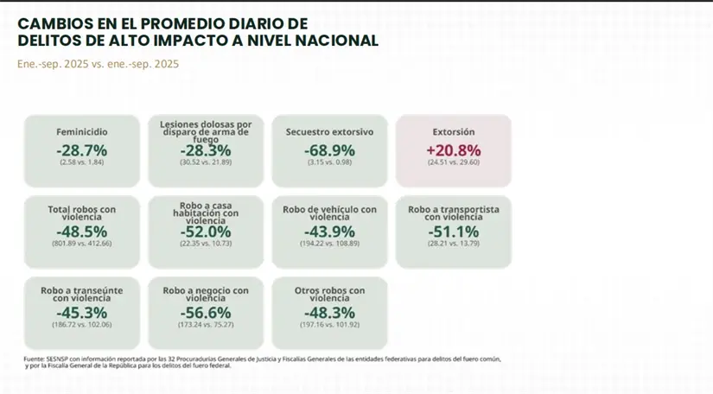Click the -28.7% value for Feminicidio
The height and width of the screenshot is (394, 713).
click(82, 150)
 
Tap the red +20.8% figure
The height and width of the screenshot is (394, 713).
click(454, 150)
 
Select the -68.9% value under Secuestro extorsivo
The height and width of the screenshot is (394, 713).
click(329, 150)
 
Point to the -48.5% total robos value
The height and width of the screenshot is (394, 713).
click(82, 232)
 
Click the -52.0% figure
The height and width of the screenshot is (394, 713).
click(206, 232)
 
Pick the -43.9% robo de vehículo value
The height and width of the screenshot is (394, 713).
click(329, 232)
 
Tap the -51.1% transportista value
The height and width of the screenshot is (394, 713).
click(454, 232)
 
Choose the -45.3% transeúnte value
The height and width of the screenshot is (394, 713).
click(82, 312)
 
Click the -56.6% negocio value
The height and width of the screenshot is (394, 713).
click(206, 312)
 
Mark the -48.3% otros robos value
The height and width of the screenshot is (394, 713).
click(329, 312)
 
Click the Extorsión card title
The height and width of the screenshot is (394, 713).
click(454, 132)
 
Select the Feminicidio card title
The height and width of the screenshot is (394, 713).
click(82, 132)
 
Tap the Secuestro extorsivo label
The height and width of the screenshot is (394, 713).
click(329, 132)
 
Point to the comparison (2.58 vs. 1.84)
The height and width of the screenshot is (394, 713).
click(82, 162)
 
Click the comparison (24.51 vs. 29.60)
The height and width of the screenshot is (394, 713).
click(454, 162)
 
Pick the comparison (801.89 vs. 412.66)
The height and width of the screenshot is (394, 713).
click(82, 244)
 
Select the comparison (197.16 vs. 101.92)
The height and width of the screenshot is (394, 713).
click(329, 324)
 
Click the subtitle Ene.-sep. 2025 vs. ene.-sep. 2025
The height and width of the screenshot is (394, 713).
click(98, 64)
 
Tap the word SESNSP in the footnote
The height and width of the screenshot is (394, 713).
click(57, 359)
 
